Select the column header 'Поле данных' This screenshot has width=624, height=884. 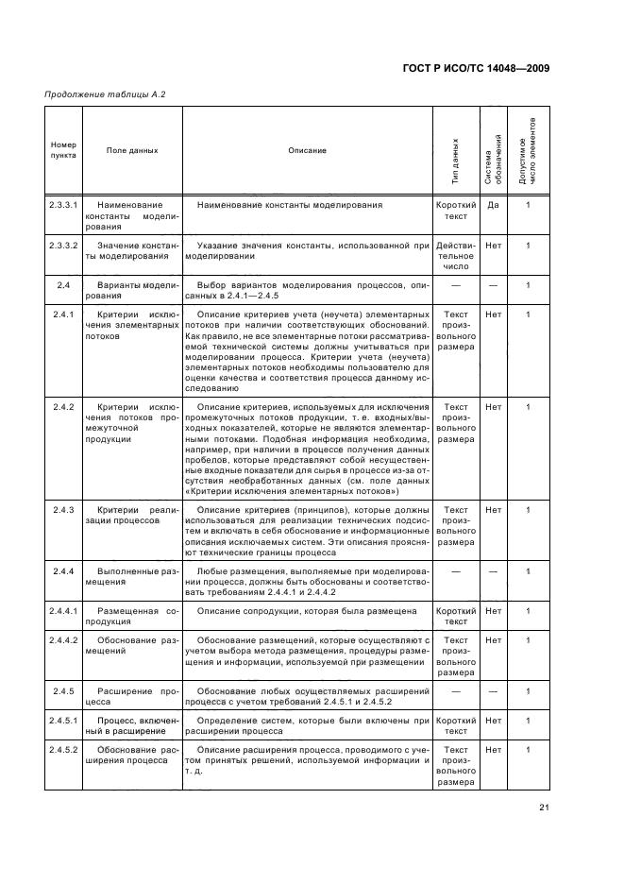tap(132, 150)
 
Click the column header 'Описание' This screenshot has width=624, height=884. tap(308, 150)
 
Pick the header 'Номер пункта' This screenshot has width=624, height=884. tap(64, 150)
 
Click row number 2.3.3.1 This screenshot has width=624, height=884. tap(64, 205)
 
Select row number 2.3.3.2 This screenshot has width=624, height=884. tap(64, 246)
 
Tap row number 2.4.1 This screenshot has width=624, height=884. tap(64, 314)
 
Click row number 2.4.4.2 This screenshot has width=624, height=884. tap(64, 640)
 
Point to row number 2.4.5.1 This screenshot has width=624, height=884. tap(64, 721)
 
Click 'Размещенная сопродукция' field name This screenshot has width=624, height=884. tap(132, 618)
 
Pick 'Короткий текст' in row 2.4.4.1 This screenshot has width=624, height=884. tap(456, 617)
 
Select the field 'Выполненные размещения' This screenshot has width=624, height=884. tap(132, 577)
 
